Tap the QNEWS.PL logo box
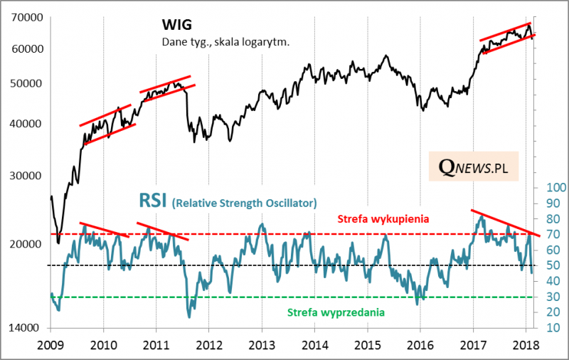(x=473, y=167)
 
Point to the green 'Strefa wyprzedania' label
(x=336, y=312)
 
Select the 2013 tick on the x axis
(x=262, y=346)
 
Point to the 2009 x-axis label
(x=50, y=346)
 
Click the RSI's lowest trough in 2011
(x=189, y=315)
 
